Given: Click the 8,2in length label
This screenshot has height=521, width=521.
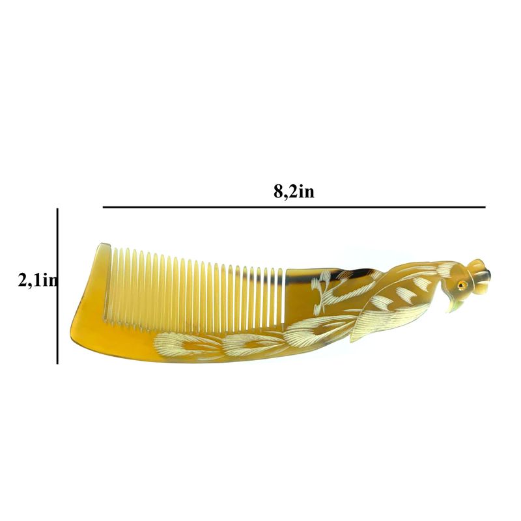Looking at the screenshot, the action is pyautogui.click(x=294, y=191).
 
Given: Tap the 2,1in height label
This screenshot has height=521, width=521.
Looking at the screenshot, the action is pyautogui.click(x=37, y=281).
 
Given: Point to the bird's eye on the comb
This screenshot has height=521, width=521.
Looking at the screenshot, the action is pyautogui.click(x=460, y=285).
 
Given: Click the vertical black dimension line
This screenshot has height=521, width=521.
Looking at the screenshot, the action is pyautogui.click(x=57, y=286).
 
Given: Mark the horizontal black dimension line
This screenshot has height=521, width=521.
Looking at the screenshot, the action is pyautogui.click(x=294, y=207).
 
